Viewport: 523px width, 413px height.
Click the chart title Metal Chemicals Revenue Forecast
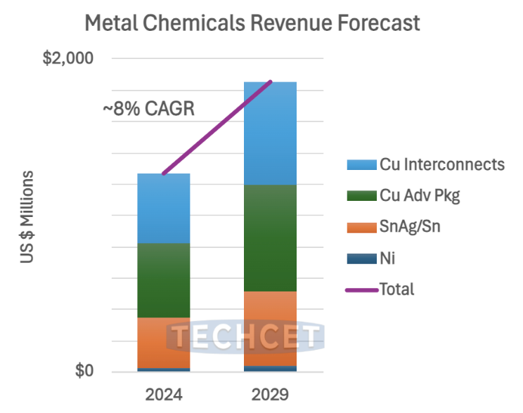pyautogui.click(x=252, y=22)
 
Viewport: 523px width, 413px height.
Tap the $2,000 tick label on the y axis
pyautogui.click(x=67, y=58)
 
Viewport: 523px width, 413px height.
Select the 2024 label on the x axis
pyautogui.click(x=164, y=394)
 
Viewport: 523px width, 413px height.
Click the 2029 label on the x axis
pyautogui.click(x=269, y=394)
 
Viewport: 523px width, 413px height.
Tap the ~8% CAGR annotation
pyautogui.click(x=148, y=109)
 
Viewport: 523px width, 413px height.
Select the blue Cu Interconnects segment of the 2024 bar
pyautogui.click(x=164, y=208)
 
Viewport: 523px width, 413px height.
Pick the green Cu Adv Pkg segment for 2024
pyautogui.click(x=164, y=280)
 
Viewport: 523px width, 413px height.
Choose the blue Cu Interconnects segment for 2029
pyautogui.click(x=269, y=133)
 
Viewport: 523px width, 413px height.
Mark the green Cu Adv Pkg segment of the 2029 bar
pyautogui.click(x=269, y=238)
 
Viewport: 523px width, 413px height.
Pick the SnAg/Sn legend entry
pyautogui.click(x=410, y=226)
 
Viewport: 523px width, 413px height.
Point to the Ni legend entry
pyautogui.click(x=387, y=258)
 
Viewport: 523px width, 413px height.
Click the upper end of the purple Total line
pyautogui.click(x=270, y=82)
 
